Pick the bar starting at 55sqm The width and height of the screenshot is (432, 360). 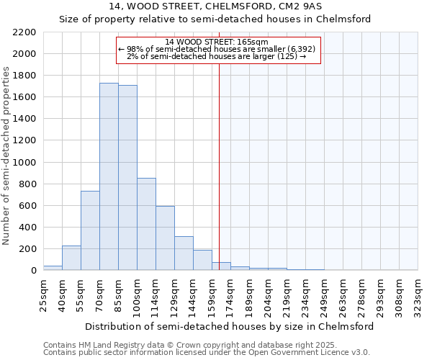[x=90, y=230]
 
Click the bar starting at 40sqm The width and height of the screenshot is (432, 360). [x=71, y=258]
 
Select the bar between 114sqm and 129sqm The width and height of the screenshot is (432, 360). [x=165, y=238]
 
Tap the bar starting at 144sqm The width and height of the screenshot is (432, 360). [x=202, y=260]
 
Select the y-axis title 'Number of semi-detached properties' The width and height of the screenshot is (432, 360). [x=7, y=156]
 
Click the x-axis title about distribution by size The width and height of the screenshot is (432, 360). [x=229, y=326]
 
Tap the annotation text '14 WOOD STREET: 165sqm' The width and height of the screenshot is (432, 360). [x=216, y=42]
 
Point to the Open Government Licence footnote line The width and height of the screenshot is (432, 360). [x=207, y=353]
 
